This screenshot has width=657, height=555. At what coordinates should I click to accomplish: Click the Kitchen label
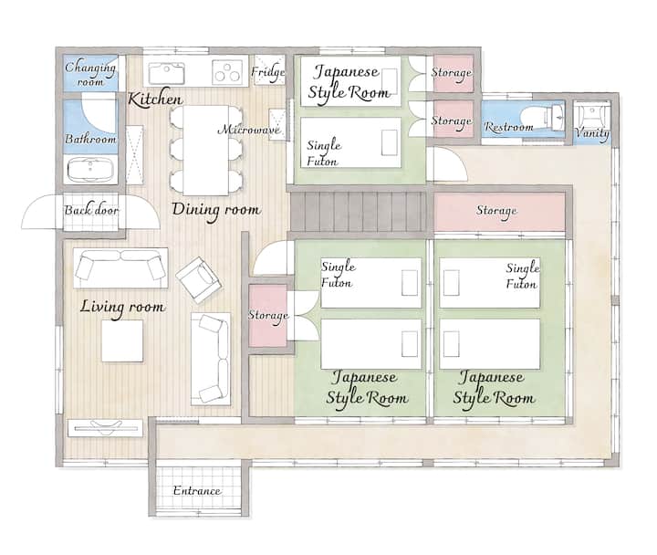(155, 99)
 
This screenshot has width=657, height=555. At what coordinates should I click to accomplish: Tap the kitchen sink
(167, 73)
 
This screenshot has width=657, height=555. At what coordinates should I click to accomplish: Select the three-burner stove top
(228, 72)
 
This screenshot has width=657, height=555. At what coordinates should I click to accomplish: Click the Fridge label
(268, 72)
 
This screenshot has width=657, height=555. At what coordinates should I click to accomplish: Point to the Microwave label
(249, 129)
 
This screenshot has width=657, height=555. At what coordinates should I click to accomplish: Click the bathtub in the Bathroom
(90, 170)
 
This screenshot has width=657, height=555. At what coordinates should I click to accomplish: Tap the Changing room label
(90, 73)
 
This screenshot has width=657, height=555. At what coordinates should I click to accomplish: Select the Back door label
(91, 209)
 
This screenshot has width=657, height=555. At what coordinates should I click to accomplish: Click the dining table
(205, 150)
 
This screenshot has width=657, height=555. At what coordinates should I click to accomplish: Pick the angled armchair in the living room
(199, 279)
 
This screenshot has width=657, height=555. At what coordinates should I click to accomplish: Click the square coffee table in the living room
(122, 340)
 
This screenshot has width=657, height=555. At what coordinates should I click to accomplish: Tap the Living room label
(122, 308)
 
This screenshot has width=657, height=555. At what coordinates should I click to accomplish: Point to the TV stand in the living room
(105, 428)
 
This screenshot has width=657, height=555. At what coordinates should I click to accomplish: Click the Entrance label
(197, 491)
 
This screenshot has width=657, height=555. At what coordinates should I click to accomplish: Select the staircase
(359, 211)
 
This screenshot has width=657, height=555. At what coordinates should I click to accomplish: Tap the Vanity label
(591, 133)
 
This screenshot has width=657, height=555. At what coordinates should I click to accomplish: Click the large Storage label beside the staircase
(496, 211)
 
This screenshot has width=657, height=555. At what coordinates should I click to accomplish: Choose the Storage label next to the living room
(268, 315)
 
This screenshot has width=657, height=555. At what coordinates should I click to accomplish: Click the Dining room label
(216, 210)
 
